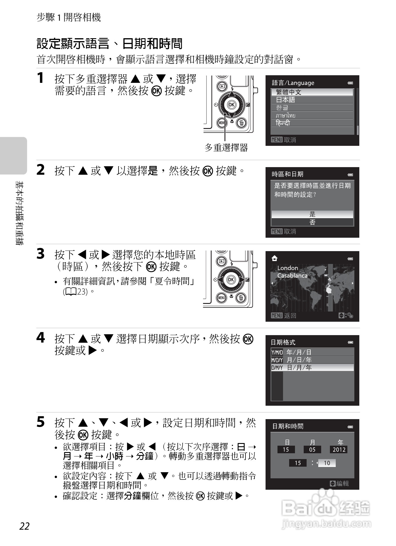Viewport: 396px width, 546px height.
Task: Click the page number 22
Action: tap(25, 526)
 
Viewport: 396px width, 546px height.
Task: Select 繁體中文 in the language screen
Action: tap(312, 92)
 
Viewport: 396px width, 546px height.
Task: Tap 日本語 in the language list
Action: tap(312, 100)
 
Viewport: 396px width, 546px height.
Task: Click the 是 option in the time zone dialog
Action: tap(312, 214)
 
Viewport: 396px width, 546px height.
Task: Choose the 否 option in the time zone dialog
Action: tap(312, 222)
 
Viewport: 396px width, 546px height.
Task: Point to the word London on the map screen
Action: tap(287, 268)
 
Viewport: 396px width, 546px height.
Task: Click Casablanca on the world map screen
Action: tap(292, 276)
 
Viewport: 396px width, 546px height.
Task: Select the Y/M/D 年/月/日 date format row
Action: tap(312, 352)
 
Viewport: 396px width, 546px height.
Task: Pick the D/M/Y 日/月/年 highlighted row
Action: tap(312, 367)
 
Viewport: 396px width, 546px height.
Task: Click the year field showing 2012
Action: tap(339, 449)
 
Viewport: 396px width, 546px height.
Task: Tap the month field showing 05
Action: tap(312, 449)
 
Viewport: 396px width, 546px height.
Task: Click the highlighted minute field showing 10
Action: tap(327, 463)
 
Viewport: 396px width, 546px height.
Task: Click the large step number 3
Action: tap(41, 254)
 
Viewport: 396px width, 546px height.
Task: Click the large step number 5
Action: tap(41, 422)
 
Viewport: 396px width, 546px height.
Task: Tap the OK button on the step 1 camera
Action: tap(231, 105)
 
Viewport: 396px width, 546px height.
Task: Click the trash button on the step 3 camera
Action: tap(241, 298)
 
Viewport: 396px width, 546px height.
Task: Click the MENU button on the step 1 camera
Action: tap(222, 123)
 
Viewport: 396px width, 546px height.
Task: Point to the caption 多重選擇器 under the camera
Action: tap(226, 148)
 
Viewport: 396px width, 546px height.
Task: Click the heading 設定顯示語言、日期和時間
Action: tap(109, 44)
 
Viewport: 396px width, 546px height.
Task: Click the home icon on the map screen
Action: tap(274, 258)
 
